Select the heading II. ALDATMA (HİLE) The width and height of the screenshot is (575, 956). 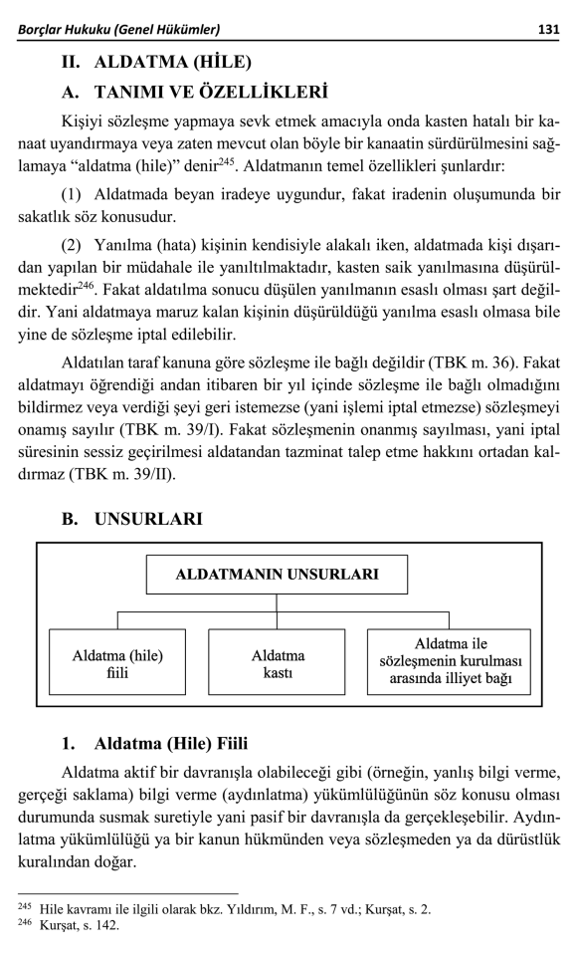coord(157,62)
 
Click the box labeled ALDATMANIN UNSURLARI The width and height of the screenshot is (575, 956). coord(277,575)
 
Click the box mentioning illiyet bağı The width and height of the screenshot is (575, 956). coord(449,662)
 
